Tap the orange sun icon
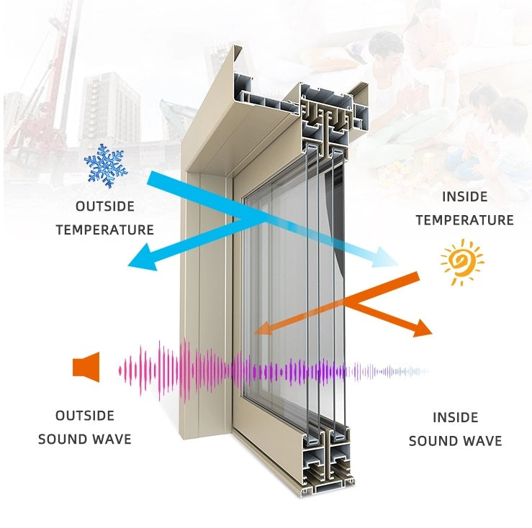pos(462,262)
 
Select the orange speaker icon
pos(86,368)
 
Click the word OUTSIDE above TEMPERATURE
pos(105,206)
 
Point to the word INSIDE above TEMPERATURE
pos(464,196)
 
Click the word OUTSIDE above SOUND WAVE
pos(85,416)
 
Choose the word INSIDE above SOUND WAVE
pos(455,417)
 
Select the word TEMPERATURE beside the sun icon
pos(464,220)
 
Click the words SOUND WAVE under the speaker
pos(85,439)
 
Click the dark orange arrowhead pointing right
pos(423,329)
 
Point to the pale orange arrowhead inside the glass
pos(263,329)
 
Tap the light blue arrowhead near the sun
pos(389,258)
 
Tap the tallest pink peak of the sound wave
pos(186,370)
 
